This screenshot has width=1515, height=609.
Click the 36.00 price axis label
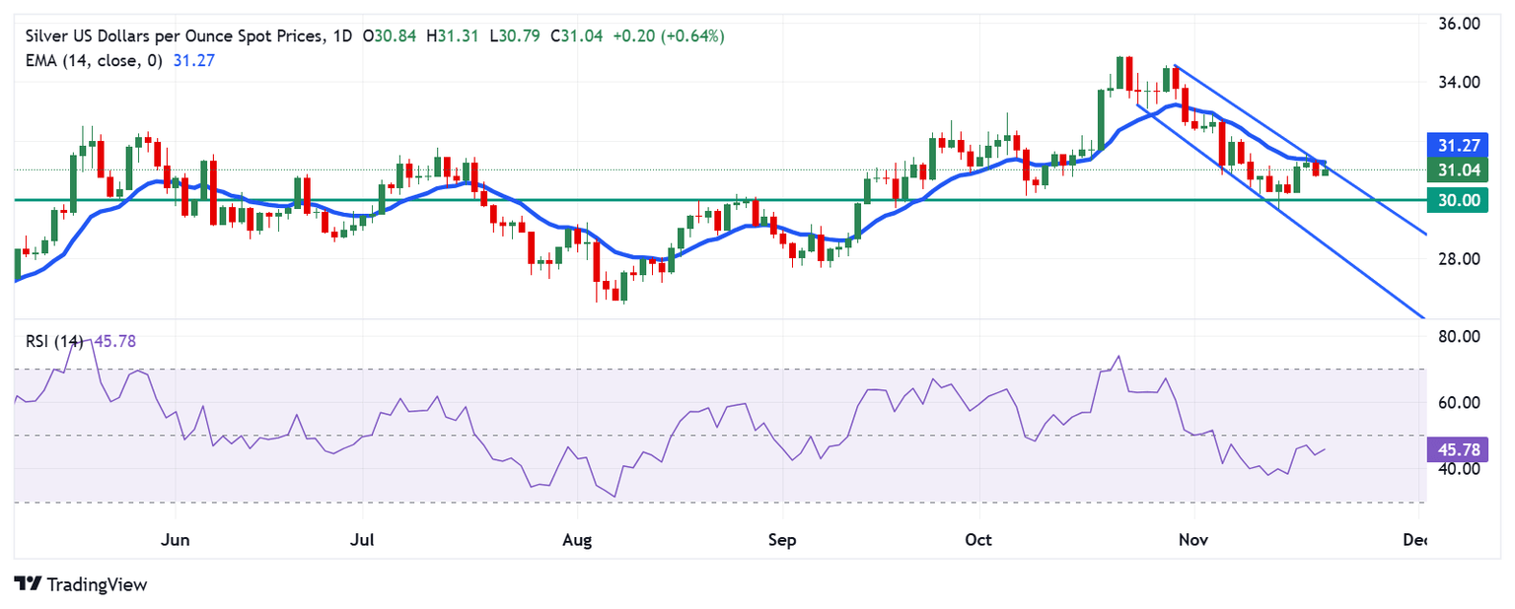pos(1459,24)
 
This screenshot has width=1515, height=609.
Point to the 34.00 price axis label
pos(1459,83)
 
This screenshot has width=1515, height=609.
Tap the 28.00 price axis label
pos(1459,259)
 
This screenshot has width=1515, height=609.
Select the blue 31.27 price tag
pos(1458,145)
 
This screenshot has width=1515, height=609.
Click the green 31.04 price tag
pos(1458,169)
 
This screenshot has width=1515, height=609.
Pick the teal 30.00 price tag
pos(1458,200)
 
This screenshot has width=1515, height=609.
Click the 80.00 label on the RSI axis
pos(1459,337)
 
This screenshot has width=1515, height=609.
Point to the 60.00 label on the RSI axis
pos(1459,403)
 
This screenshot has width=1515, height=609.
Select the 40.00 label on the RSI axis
pos(1459,469)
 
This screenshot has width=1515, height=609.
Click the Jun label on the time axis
pos(176,541)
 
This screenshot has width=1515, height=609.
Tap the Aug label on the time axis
pos(577,541)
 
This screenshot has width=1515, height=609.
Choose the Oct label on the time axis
pos(979,541)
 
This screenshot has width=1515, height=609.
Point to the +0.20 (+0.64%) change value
pos(669,36)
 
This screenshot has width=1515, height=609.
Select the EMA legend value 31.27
pos(193,60)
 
